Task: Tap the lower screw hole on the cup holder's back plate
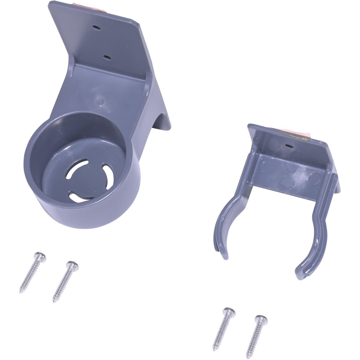click(107, 57)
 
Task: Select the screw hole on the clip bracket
click(288, 147)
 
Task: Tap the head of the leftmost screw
click(40, 257)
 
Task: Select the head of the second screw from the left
click(72, 266)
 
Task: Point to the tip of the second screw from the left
click(54, 300)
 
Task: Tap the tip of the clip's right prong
click(300, 276)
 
